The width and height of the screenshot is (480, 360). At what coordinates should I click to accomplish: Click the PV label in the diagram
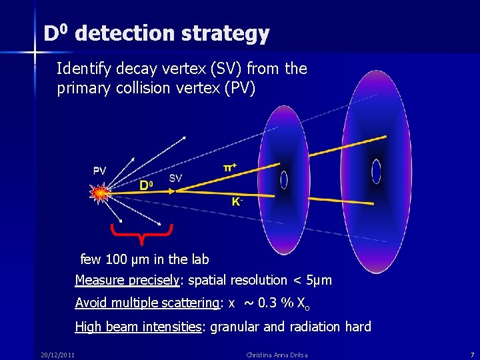[x=99, y=171]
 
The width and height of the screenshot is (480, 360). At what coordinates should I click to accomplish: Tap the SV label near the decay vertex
[x=175, y=178]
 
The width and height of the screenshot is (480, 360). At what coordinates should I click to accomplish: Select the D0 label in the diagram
[x=146, y=185]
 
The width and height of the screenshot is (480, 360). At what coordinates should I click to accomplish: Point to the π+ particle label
[x=229, y=168]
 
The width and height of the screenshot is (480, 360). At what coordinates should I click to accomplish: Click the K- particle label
[x=237, y=202]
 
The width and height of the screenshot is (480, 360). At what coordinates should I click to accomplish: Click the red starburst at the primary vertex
[x=101, y=193]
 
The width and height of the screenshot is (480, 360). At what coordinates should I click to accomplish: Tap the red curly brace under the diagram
[x=142, y=233]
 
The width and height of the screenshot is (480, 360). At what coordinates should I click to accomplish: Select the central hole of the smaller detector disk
[x=284, y=179]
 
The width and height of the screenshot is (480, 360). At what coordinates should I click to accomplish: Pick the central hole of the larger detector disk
[x=376, y=171]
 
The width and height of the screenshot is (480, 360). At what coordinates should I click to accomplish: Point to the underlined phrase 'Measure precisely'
[x=127, y=281]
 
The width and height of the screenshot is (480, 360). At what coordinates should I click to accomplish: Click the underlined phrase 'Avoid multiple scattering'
[x=147, y=303]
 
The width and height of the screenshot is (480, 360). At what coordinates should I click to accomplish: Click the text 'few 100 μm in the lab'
[x=145, y=259]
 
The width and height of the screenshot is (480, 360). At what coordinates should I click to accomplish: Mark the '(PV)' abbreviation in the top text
[x=239, y=89]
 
